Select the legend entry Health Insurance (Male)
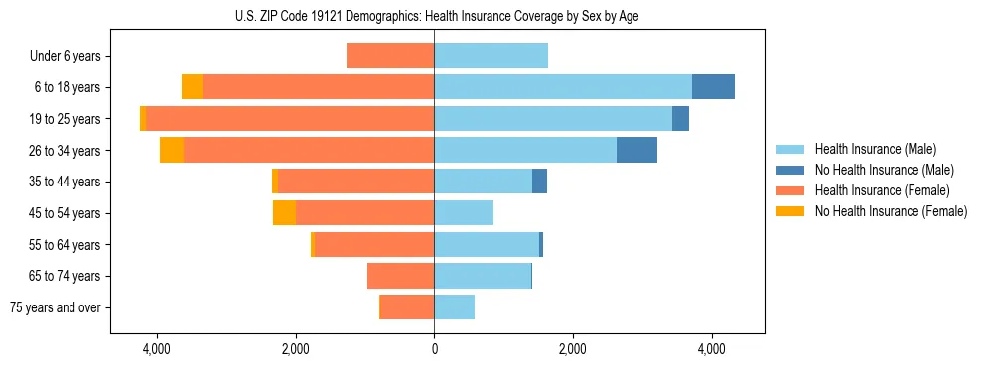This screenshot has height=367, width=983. [875, 149]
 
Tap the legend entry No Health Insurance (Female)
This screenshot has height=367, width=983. [890, 211]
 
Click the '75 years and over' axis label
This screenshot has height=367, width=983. [55, 307]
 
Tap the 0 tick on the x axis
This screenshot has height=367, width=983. [434, 350]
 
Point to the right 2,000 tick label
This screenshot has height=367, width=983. [572, 350]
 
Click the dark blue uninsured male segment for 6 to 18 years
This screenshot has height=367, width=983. [713, 86]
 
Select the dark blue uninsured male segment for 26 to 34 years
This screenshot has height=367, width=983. [636, 150]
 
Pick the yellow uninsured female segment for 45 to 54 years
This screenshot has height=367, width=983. [284, 213]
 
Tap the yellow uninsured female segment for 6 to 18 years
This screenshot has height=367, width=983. [192, 86]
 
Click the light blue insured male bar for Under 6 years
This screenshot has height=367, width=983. [491, 56]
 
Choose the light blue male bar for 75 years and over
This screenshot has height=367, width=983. [454, 307]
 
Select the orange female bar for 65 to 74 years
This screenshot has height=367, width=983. [400, 276]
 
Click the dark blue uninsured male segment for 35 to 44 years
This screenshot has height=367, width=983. [539, 182]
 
